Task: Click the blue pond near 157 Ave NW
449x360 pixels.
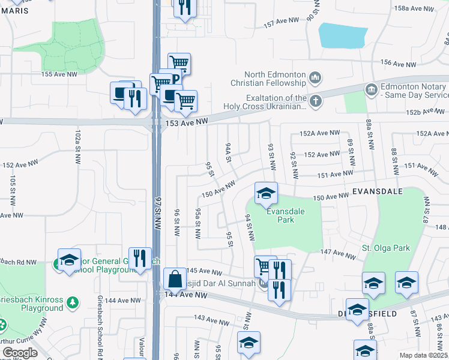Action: [x=342, y=35]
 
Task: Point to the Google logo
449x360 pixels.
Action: [x=20, y=353]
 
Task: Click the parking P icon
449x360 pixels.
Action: [x=176, y=79]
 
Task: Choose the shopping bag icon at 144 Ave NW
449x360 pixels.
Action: [x=174, y=279]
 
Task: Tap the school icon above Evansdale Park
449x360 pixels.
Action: [x=265, y=193]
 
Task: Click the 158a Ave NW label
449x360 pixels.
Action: [x=414, y=8]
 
